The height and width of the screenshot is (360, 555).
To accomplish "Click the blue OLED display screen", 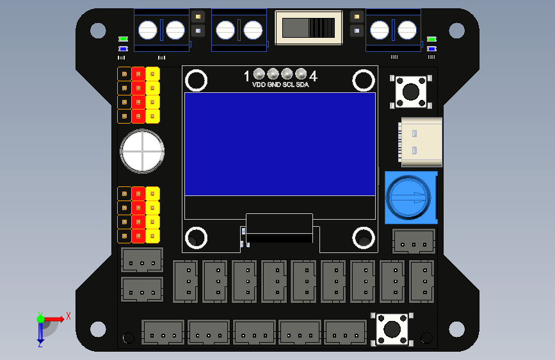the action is point(280,143).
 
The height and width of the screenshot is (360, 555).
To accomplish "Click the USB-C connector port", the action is point(421,141).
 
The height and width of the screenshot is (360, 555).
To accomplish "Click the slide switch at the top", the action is point(309,28).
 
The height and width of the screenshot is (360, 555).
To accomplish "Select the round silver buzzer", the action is point(142,151).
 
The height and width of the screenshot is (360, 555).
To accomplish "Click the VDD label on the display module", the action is point(259,85).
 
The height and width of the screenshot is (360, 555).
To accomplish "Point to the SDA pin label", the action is point(303,85).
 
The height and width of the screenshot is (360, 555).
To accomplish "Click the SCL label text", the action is point(288,85).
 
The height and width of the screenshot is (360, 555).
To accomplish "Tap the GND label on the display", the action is point(273,85).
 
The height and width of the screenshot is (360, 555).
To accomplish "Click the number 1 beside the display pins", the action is point(247,77).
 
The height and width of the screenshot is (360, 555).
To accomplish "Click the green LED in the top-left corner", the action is point(123,40).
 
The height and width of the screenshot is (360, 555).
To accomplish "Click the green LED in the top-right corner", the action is point(431,40).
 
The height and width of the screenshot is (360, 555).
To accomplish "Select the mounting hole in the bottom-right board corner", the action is point(456,329).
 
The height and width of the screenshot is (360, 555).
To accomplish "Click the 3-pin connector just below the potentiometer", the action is point(414,243).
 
